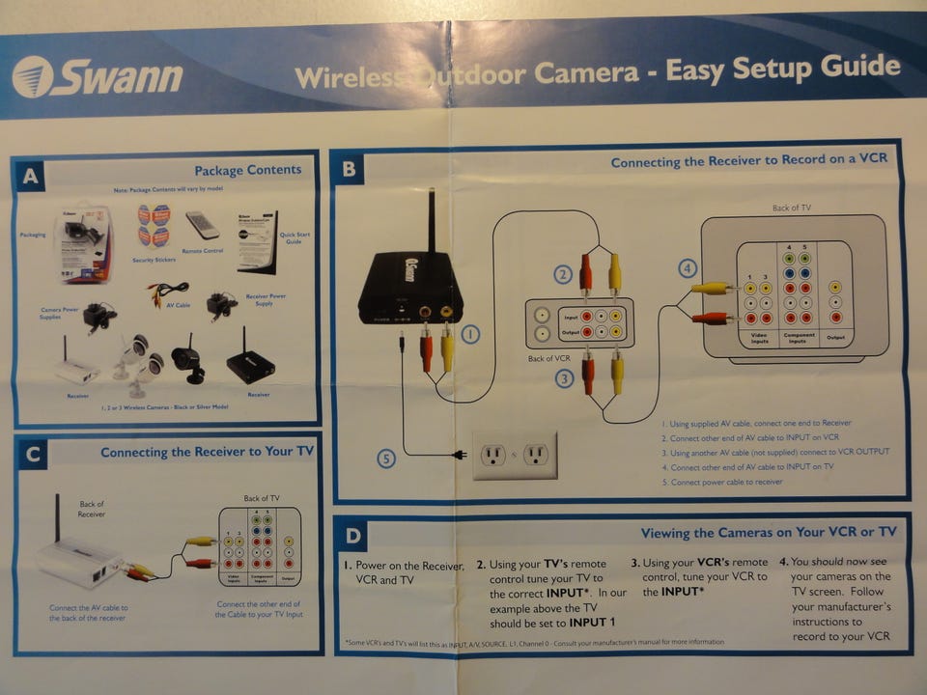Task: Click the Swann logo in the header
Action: click(98, 77)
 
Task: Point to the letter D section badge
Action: click(353, 534)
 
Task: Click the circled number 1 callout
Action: click(470, 335)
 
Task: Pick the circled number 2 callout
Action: click(563, 274)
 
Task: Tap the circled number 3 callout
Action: click(564, 379)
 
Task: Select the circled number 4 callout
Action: click(687, 268)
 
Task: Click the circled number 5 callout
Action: click(386, 459)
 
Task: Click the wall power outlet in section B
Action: click(514, 455)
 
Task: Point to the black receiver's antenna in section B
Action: click(431, 223)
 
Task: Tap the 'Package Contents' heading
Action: click(247, 171)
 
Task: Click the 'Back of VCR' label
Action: click(549, 359)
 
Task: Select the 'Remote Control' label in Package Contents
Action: click(202, 251)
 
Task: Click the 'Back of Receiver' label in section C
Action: click(92, 509)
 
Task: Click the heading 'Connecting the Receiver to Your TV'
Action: click(207, 452)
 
